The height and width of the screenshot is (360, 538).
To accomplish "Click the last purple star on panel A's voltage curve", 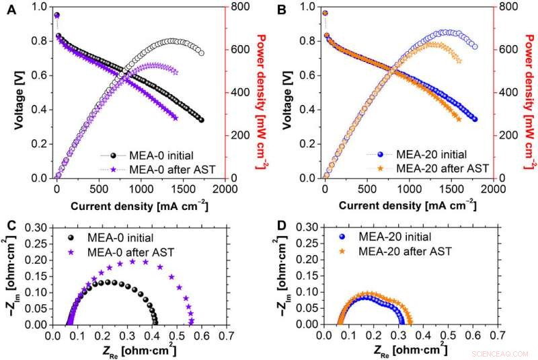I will [176, 118].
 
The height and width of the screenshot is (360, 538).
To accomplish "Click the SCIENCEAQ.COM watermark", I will [502, 352].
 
